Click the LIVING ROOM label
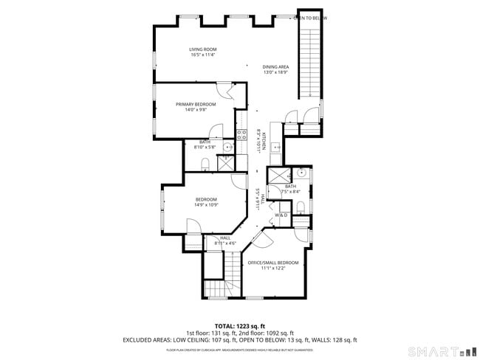202,49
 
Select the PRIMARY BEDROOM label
196,104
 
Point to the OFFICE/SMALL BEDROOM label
273,263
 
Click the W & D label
281,215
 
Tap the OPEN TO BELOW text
311,18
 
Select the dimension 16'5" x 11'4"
202,55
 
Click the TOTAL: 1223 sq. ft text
239,325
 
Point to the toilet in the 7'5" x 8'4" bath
301,205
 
